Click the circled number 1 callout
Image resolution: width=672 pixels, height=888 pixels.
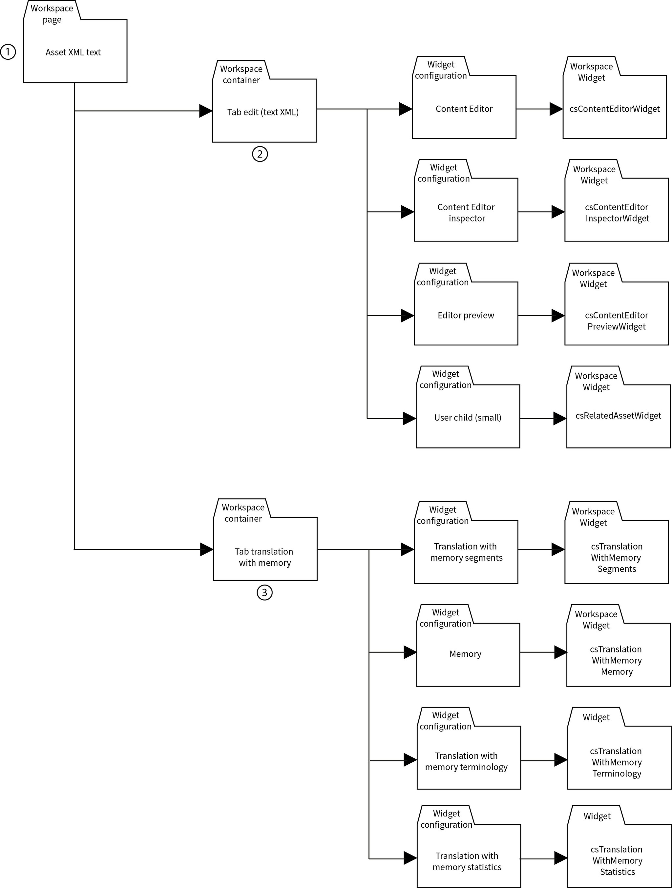[x=8, y=52]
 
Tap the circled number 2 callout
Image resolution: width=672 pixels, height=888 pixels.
[x=260, y=154]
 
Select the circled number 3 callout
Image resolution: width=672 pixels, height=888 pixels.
[x=264, y=592]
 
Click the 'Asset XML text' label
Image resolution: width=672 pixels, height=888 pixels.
[x=73, y=52]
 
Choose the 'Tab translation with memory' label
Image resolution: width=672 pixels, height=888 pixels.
[x=264, y=557]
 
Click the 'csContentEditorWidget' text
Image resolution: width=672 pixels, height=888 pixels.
[x=615, y=109]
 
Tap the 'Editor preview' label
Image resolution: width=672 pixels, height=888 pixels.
[x=466, y=316]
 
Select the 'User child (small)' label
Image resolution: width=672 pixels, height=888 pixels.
[x=468, y=418]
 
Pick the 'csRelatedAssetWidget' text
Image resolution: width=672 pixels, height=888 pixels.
[x=618, y=416]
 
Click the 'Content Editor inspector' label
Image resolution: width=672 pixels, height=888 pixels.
[x=466, y=213]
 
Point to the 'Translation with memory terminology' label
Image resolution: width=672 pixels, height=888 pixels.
[x=466, y=762]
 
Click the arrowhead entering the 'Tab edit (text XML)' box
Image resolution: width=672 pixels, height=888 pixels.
[x=205, y=111]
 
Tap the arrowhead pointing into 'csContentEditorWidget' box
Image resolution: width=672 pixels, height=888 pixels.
[x=556, y=109]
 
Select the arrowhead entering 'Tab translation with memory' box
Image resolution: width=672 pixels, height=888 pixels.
[x=206, y=549]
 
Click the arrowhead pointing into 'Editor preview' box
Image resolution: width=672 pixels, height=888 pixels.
[x=408, y=316]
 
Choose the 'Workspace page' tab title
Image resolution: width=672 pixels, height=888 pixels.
[x=52, y=14]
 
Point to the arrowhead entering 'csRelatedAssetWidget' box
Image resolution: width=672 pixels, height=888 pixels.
[x=559, y=419]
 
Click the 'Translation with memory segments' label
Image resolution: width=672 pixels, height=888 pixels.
[x=466, y=552]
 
